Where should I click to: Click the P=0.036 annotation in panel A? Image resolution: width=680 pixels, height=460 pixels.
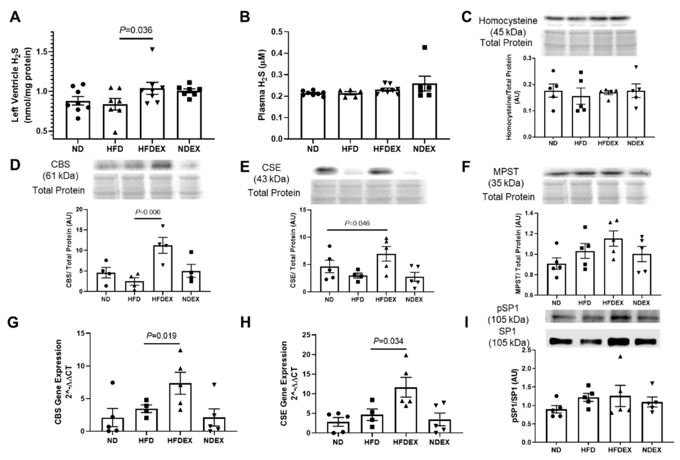click(x=136, y=30)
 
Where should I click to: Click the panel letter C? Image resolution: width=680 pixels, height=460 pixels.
click(x=467, y=17)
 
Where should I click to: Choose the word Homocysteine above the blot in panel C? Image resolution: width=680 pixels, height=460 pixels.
click(x=508, y=21)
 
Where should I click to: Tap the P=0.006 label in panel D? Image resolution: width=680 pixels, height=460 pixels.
click(x=148, y=212)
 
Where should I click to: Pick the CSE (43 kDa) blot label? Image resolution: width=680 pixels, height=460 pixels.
click(x=271, y=173)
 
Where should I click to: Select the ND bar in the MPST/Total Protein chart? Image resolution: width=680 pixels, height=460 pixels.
click(x=557, y=279)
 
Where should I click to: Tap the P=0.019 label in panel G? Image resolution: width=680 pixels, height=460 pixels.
click(x=162, y=336)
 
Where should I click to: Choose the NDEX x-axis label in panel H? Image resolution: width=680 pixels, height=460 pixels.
click(x=439, y=442)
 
